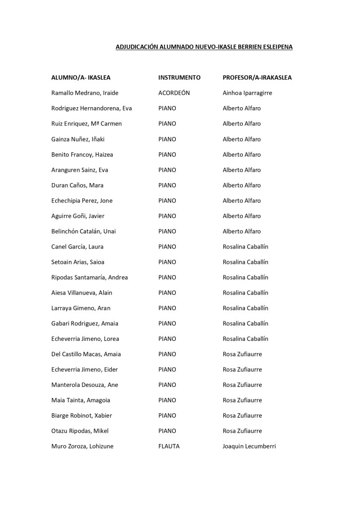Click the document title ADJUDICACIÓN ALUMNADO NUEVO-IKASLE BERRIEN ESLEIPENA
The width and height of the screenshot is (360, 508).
[204, 47]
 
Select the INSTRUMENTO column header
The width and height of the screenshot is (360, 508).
[179, 78]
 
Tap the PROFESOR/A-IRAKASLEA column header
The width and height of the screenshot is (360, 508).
[257, 78]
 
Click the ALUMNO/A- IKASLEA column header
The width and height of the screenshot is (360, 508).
[81, 78]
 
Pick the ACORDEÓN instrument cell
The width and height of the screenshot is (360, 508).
[174, 93]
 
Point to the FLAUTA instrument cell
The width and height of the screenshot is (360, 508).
[169, 446]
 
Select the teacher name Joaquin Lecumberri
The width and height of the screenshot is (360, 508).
[249, 446]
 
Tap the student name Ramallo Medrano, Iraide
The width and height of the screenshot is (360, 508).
[85, 93]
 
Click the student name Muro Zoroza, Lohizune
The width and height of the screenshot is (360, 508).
[82, 446]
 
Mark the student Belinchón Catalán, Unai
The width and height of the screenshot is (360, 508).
[83, 232]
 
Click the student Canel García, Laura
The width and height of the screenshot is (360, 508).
[77, 247]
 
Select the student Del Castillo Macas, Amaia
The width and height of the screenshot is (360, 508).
[86, 354]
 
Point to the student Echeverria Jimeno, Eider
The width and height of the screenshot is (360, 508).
[84, 370]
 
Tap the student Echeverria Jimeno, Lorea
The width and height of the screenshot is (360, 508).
[85, 339]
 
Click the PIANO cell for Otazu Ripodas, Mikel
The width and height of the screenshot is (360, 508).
[167, 431]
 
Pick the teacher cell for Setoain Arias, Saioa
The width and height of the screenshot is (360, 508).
[245, 262]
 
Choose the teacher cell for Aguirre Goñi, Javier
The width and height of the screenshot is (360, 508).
[241, 216]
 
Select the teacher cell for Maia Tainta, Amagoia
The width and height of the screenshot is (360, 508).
[242, 400]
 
